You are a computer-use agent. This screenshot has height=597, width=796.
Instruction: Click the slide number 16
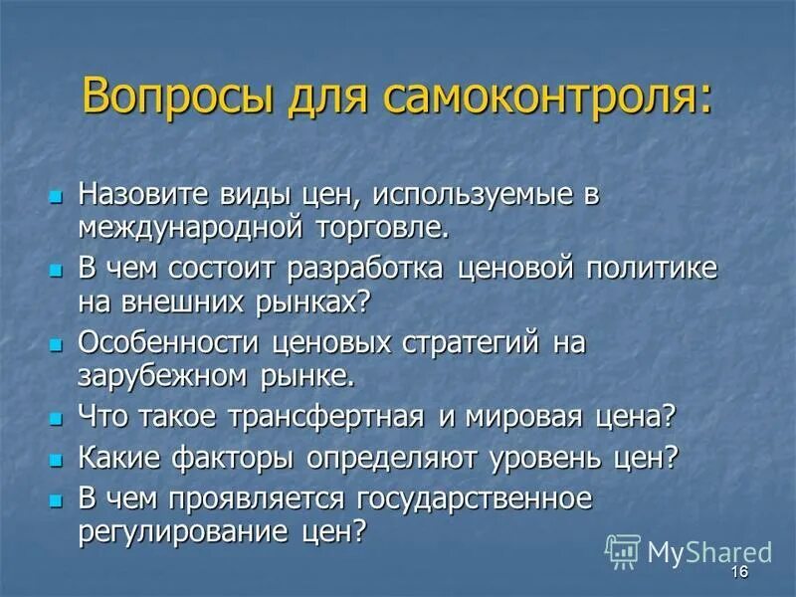point(738,572)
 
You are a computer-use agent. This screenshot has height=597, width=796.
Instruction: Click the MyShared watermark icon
point(623,550)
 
